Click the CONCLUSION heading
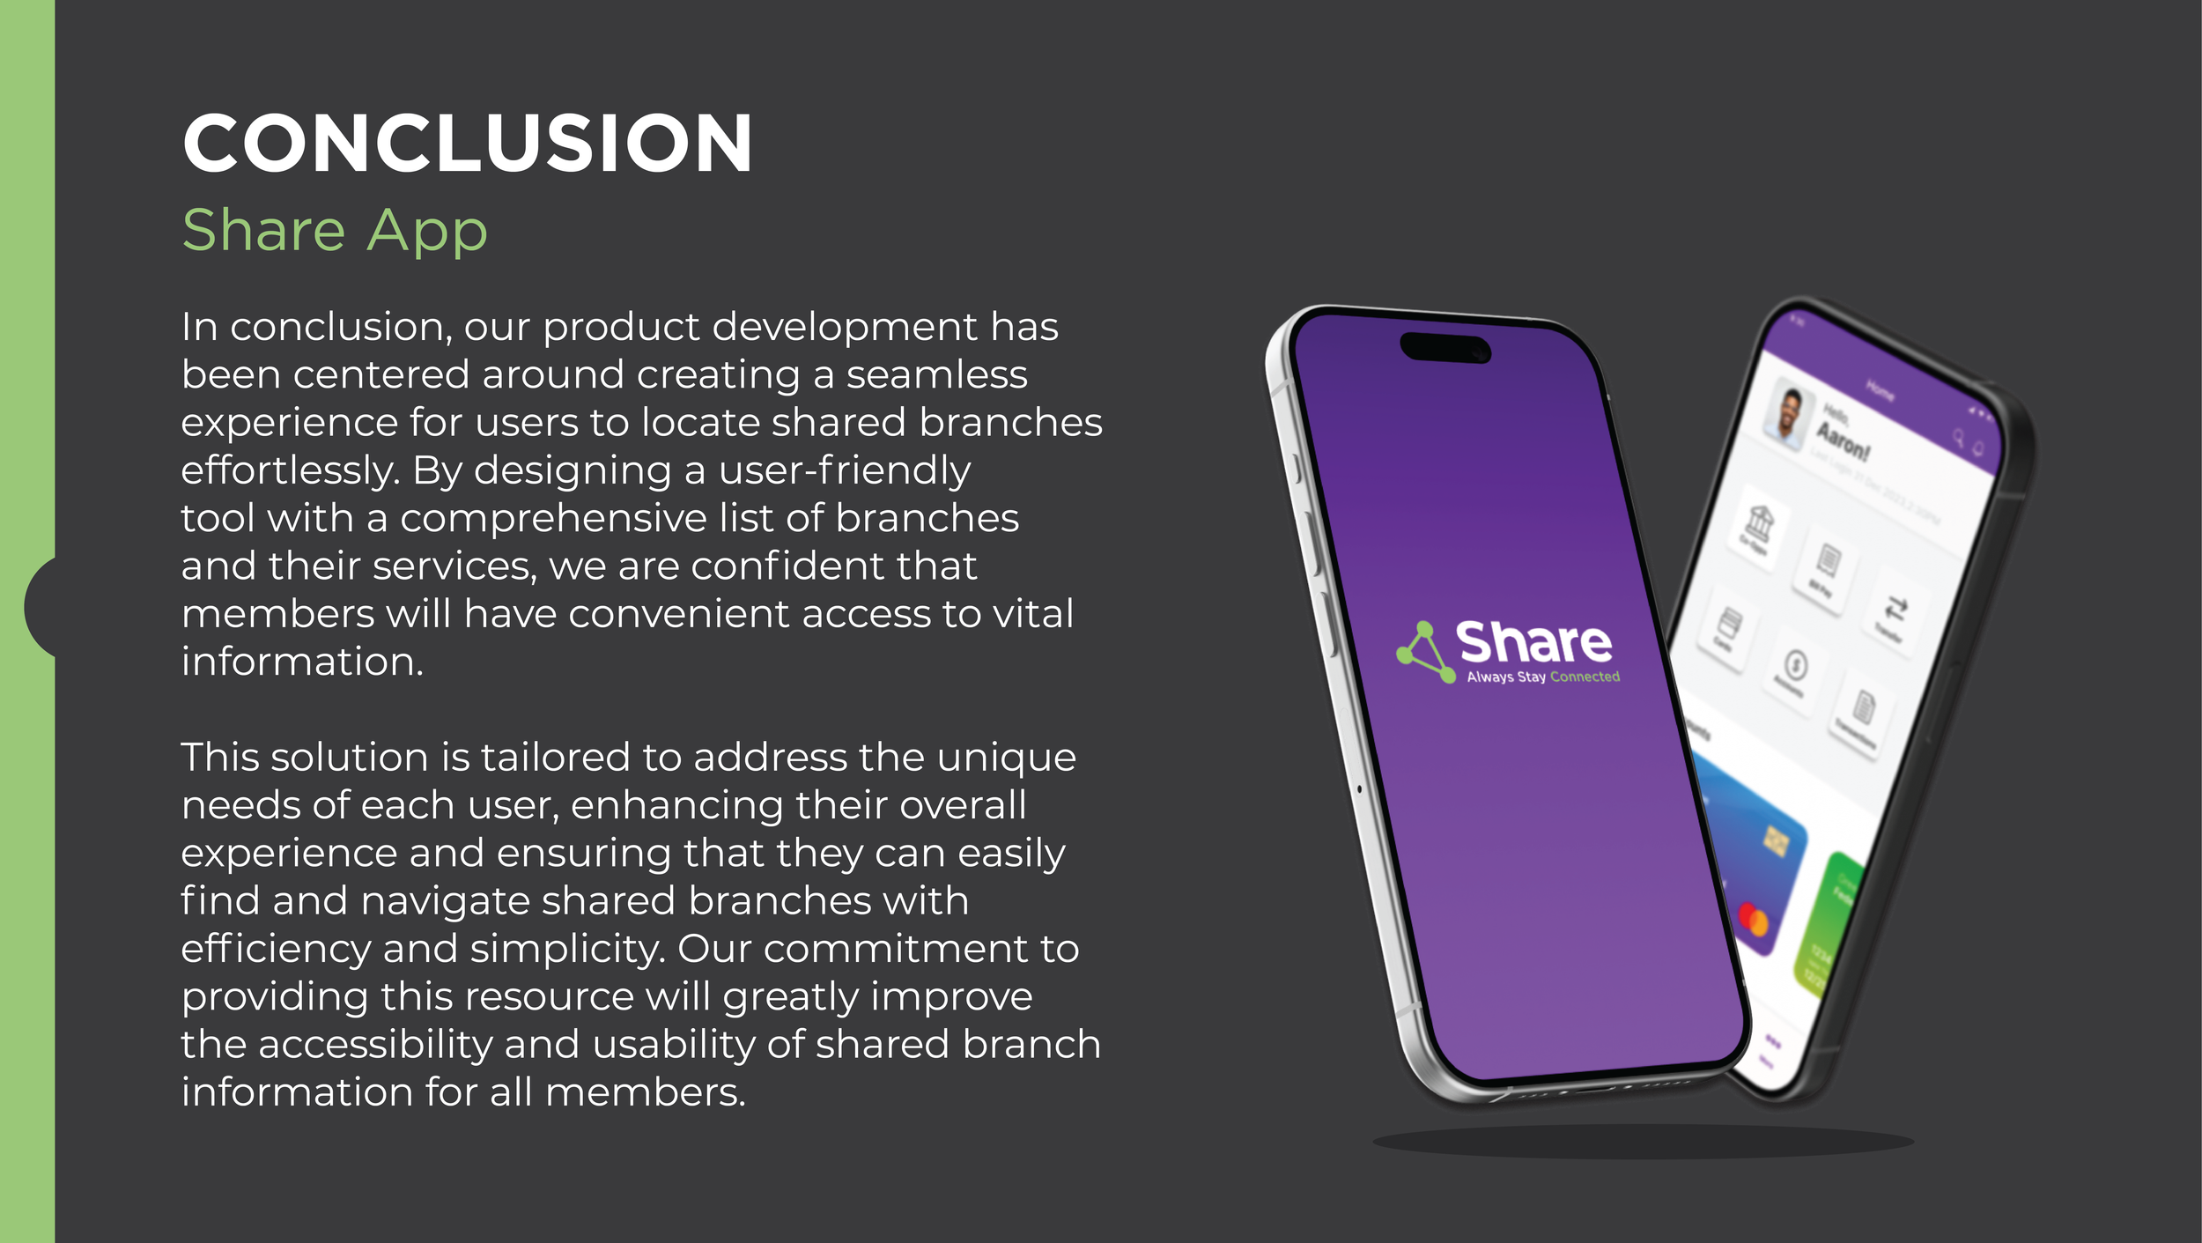click(x=467, y=143)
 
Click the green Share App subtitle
click(x=334, y=230)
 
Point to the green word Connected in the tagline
click(x=1585, y=677)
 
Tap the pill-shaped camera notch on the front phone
click(x=1445, y=347)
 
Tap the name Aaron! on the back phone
click(x=1843, y=441)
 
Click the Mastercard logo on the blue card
click(x=1753, y=920)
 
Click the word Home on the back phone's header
click(x=1880, y=390)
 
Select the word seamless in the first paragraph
click(x=936, y=375)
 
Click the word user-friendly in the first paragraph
click(x=845, y=470)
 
